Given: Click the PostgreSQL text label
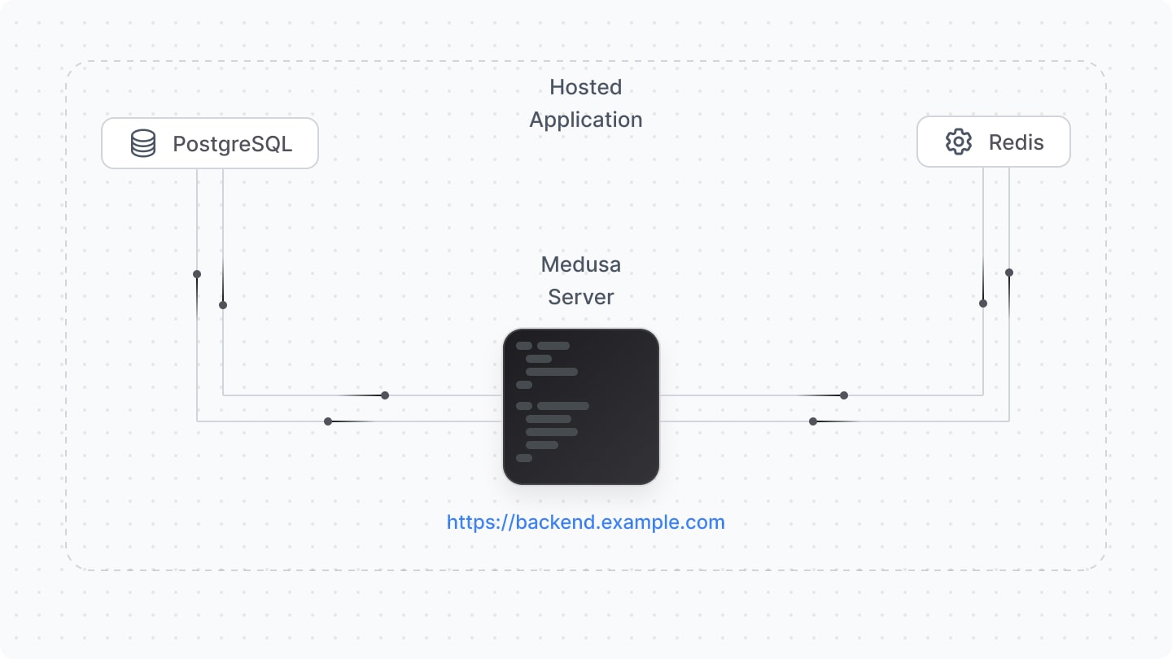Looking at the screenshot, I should [232, 144].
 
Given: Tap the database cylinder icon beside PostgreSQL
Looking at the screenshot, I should [143, 143].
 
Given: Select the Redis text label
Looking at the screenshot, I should [1016, 142].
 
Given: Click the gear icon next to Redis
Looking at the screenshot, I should [959, 142].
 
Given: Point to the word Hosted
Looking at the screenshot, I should [585, 87].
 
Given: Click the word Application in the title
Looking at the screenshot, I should [585, 120].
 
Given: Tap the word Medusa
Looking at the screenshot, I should [580, 264].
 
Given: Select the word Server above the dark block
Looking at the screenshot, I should [580, 297].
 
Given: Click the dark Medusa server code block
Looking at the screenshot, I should [580, 407].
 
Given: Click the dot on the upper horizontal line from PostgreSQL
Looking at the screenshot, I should [385, 395].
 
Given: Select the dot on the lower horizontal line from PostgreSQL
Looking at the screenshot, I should [328, 421].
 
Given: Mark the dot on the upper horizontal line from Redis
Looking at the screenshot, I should [844, 395].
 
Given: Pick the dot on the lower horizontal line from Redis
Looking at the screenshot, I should [813, 421].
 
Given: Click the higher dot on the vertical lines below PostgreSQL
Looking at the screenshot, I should [197, 274].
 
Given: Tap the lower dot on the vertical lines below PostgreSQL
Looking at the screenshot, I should [223, 305].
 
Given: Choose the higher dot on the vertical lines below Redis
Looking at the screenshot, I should [1009, 273].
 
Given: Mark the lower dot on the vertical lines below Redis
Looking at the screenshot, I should [983, 303].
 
